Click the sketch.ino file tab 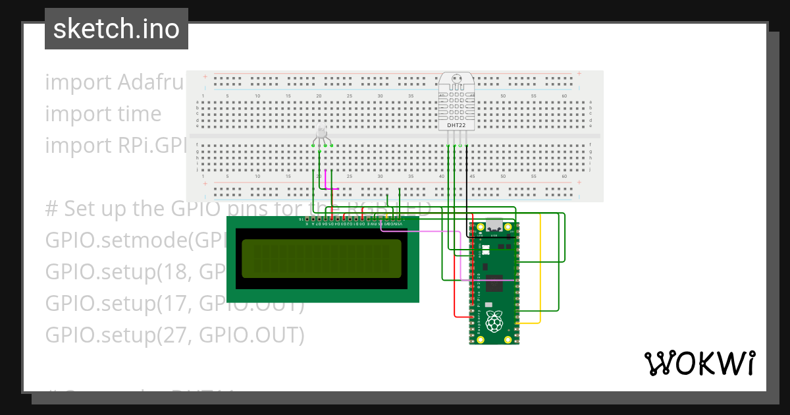117,29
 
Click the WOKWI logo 699,363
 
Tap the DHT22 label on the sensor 456,125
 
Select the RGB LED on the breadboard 321,134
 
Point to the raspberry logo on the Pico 494,322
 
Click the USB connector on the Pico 494,227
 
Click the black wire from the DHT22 467,184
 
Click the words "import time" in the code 103,114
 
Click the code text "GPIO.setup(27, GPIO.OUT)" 174,335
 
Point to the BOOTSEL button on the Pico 486,250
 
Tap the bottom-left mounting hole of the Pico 479,340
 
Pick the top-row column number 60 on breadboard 564,96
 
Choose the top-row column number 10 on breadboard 257,96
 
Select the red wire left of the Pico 455,277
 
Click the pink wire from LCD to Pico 434,232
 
